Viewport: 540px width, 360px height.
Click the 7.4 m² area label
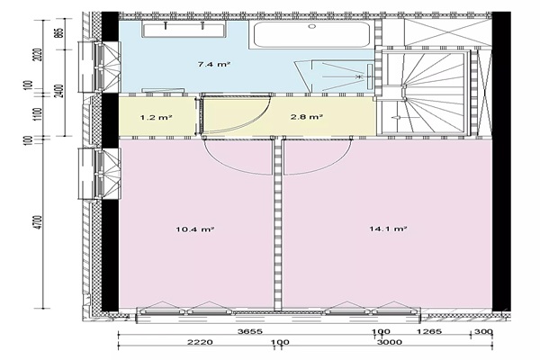tap(214, 64)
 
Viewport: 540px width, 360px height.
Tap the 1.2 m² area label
tap(156, 118)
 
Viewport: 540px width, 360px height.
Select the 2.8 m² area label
tap(306, 117)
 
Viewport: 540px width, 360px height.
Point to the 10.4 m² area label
tap(195, 229)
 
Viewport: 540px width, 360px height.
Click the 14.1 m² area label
tap(388, 229)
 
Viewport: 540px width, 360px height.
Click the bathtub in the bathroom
tap(312, 34)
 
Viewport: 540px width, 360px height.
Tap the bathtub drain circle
tap(312, 26)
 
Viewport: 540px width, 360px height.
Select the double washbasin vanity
tap(184, 30)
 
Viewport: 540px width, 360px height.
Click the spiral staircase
tap(424, 93)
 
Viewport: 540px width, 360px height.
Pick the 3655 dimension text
tap(250, 331)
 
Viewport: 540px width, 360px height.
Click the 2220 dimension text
tap(200, 342)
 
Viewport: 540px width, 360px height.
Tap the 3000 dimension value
tap(389, 342)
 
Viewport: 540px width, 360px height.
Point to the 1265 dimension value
tap(429, 331)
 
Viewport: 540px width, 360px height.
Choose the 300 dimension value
tap(484, 331)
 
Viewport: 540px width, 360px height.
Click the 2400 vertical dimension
tap(60, 91)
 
